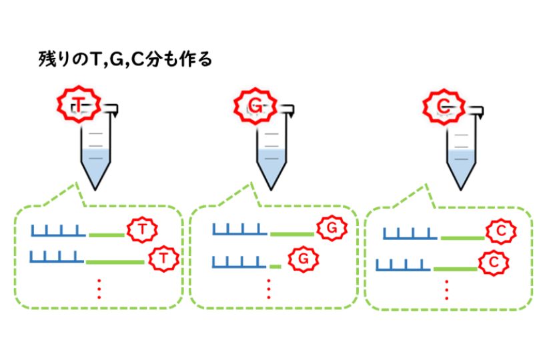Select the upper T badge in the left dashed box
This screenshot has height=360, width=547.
click(x=141, y=230)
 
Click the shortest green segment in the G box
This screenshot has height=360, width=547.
click(x=275, y=265)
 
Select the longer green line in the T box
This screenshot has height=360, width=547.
click(x=115, y=262)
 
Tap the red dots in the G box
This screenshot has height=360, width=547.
click(x=269, y=289)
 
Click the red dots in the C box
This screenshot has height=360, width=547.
click(x=446, y=290)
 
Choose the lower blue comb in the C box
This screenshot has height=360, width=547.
click(x=402, y=266)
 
